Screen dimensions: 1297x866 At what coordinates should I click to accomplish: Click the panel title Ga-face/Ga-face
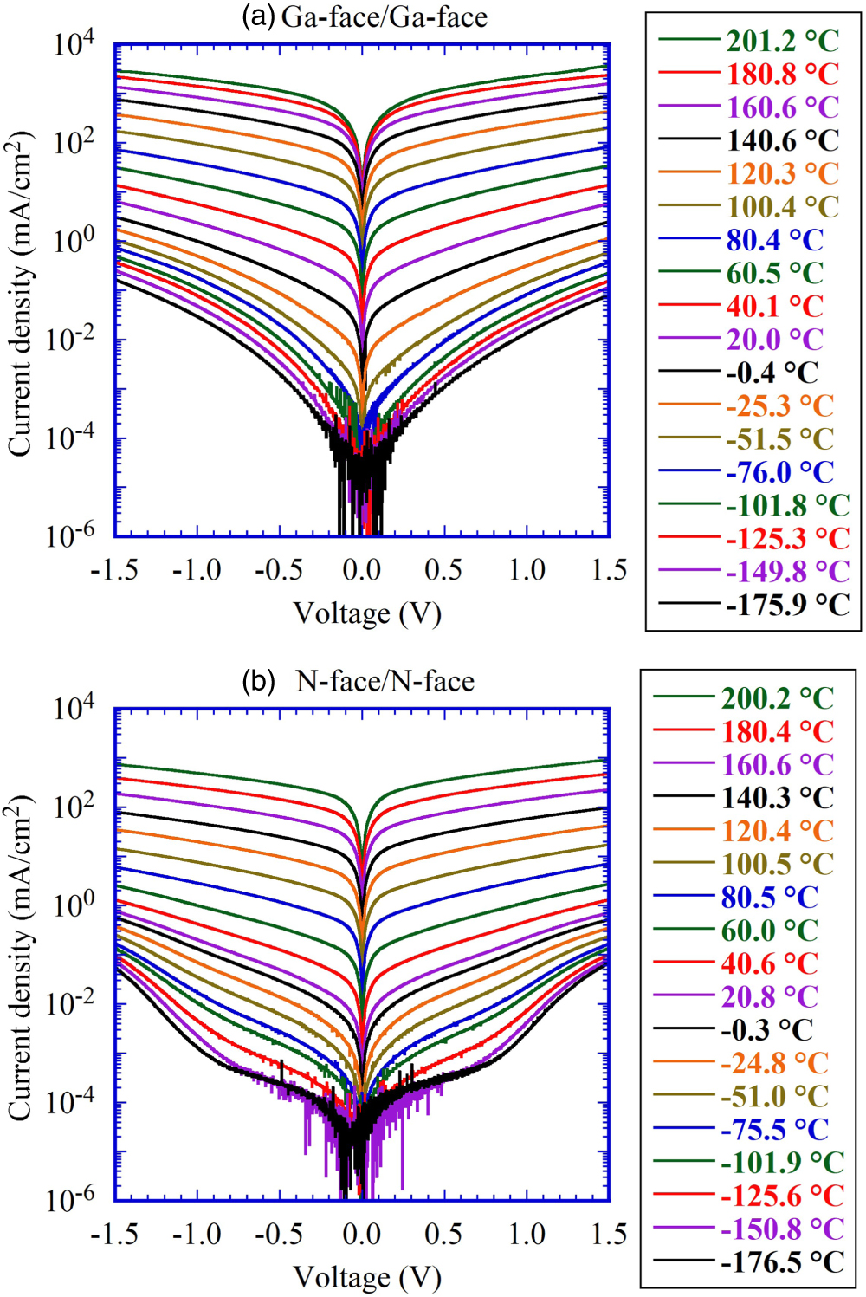384,17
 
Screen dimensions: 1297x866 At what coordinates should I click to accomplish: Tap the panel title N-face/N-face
385,681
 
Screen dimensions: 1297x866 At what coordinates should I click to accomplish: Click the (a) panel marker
259,17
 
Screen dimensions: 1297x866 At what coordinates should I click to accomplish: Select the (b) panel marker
259,681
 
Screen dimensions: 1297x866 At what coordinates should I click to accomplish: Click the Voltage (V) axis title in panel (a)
367,613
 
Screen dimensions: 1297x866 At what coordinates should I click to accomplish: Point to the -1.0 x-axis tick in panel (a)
197,570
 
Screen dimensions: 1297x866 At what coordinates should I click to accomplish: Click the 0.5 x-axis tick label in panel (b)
443,1234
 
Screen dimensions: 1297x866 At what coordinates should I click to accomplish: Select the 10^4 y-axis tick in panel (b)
73,708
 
